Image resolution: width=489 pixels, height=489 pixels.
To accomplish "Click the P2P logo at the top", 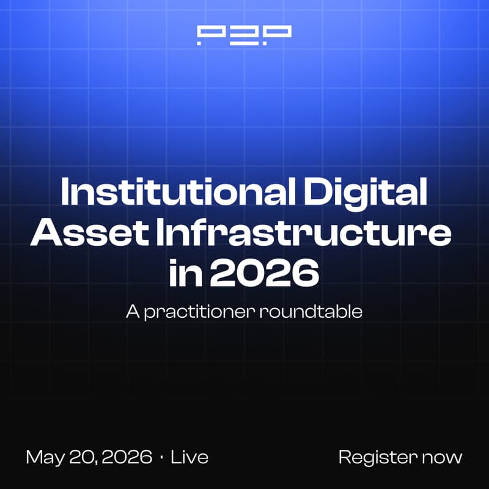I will [244, 35].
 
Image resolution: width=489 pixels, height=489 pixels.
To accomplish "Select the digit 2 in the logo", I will [244, 35].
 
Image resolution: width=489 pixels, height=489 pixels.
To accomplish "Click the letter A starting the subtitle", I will [132, 311].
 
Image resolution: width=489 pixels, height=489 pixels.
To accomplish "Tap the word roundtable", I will [312, 311].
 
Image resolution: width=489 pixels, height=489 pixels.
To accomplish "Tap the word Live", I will [189, 457].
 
